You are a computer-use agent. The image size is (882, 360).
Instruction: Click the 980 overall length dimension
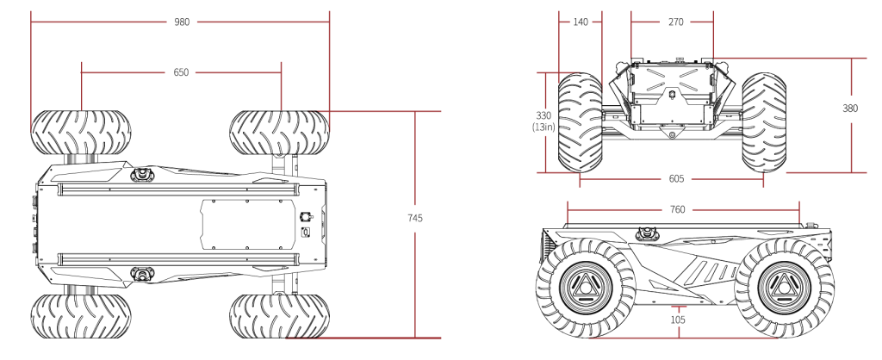pyautogui.click(x=183, y=22)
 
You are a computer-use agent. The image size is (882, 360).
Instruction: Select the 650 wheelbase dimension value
pyautogui.click(x=181, y=72)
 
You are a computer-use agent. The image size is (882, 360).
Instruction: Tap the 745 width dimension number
pyautogui.click(x=414, y=218)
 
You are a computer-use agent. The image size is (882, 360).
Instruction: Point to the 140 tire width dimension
pyautogui.click(x=581, y=22)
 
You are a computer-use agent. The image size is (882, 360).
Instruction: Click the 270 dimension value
pyautogui.click(x=675, y=22)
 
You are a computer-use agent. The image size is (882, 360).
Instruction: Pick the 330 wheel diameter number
pyautogui.click(x=544, y=116)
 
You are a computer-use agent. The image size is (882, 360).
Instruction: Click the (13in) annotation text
pyautogui.click(x=544, y=127)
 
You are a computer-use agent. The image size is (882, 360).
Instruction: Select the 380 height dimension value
pyautogui.click(x=850, y=108)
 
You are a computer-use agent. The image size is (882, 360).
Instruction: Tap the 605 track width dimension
pyautogui.click(x=676, y=179)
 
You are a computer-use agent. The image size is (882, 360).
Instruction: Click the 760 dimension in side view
pyautogui.click(x=678, y=210)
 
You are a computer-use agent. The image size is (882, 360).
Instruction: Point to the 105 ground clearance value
pyautogui.click(x=679, y=320)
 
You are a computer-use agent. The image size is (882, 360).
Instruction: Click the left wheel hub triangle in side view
pyautogui.click(x=585, y=288)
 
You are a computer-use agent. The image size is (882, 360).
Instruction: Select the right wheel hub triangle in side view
pyautogui.click(x=784, y=288)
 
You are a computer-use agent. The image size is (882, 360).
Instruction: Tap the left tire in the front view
pyautogui.click(x=580, y=122)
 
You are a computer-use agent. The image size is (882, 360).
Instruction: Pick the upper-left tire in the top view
pyautogui.click(x=81, y=133)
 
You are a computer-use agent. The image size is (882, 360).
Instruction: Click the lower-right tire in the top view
pyautogui.click(x=280, y=315)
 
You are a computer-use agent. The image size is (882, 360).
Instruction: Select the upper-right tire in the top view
pyautogui.click(x=280, y=133)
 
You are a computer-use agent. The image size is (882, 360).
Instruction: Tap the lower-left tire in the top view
pyautogui.click(x=81, y=315)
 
